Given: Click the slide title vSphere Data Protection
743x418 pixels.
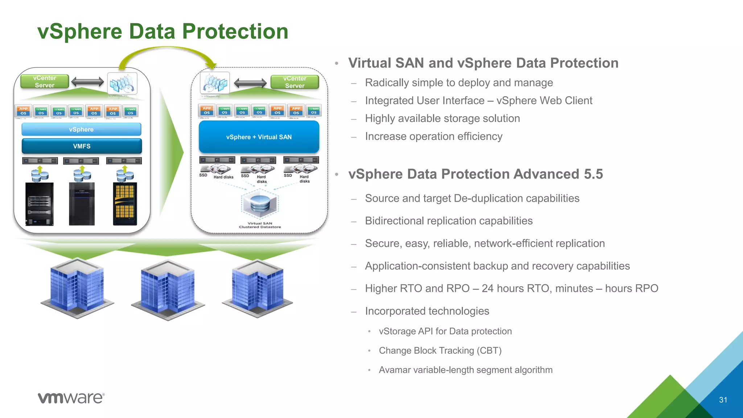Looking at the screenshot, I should pyautogui.click(x=163, y=32).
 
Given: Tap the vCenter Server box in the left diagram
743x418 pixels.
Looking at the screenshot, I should pyautogui.click(x=45, y=82).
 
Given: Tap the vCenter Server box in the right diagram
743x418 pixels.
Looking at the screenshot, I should pyautogui.click(x=295, y=82).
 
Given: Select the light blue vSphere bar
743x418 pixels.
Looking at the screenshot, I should pyautogui.click(x=81, y=130).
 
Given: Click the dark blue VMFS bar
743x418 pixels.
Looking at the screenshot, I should pyautogui.click(x=82, y=146).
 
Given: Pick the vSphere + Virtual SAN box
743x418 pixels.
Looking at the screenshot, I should pyautogui.click(x=259, y=137).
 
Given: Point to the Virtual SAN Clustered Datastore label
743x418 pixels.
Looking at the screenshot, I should pyautogui.click(x=260, y=225).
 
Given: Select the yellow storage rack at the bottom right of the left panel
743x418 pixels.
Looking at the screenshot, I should pyautogui.click(x=125, y=204).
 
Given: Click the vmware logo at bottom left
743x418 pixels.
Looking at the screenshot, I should pyautogui.click(x=71, y=398).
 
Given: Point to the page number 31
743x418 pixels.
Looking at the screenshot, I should pyautogui.click(x=723, y=400).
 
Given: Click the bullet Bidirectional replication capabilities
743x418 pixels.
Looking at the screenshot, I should pyautogui.click(x=449, y=221).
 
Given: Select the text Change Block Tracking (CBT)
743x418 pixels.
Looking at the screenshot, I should pyautogui.click(x=440, y=351).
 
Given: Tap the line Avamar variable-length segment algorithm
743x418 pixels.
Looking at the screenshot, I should pyautogui.click(x=465, y=370).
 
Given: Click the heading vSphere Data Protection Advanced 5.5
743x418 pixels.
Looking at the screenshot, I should pyautogui.click(x=475, y=174).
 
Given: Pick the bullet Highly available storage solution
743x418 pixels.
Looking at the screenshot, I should pyautogui.click(x=442, y=119).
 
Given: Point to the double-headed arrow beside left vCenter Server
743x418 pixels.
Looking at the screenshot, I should pyautogui.click(x=88, y=82).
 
